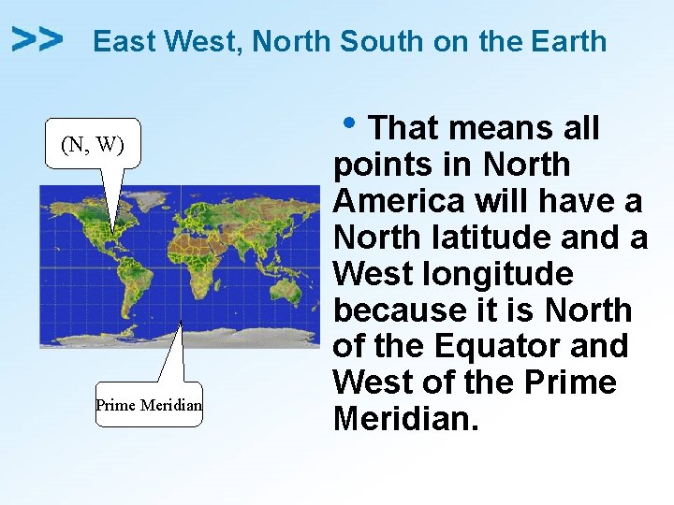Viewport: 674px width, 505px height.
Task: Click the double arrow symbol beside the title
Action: click(x=37, y=39)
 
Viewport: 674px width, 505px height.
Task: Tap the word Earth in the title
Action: click(x=568, y=42)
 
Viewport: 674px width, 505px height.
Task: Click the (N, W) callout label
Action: click(x=93, y=144)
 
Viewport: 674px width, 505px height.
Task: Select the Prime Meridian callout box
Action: click(x=149, y=405)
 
